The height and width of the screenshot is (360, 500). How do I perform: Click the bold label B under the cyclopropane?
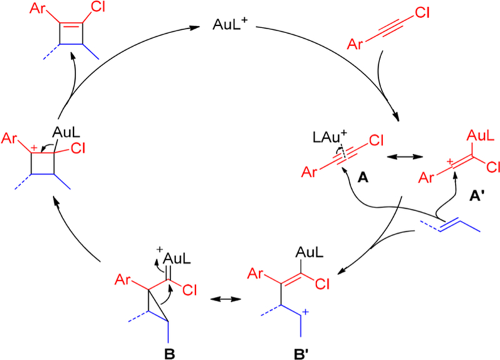click(x=167, y=344)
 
